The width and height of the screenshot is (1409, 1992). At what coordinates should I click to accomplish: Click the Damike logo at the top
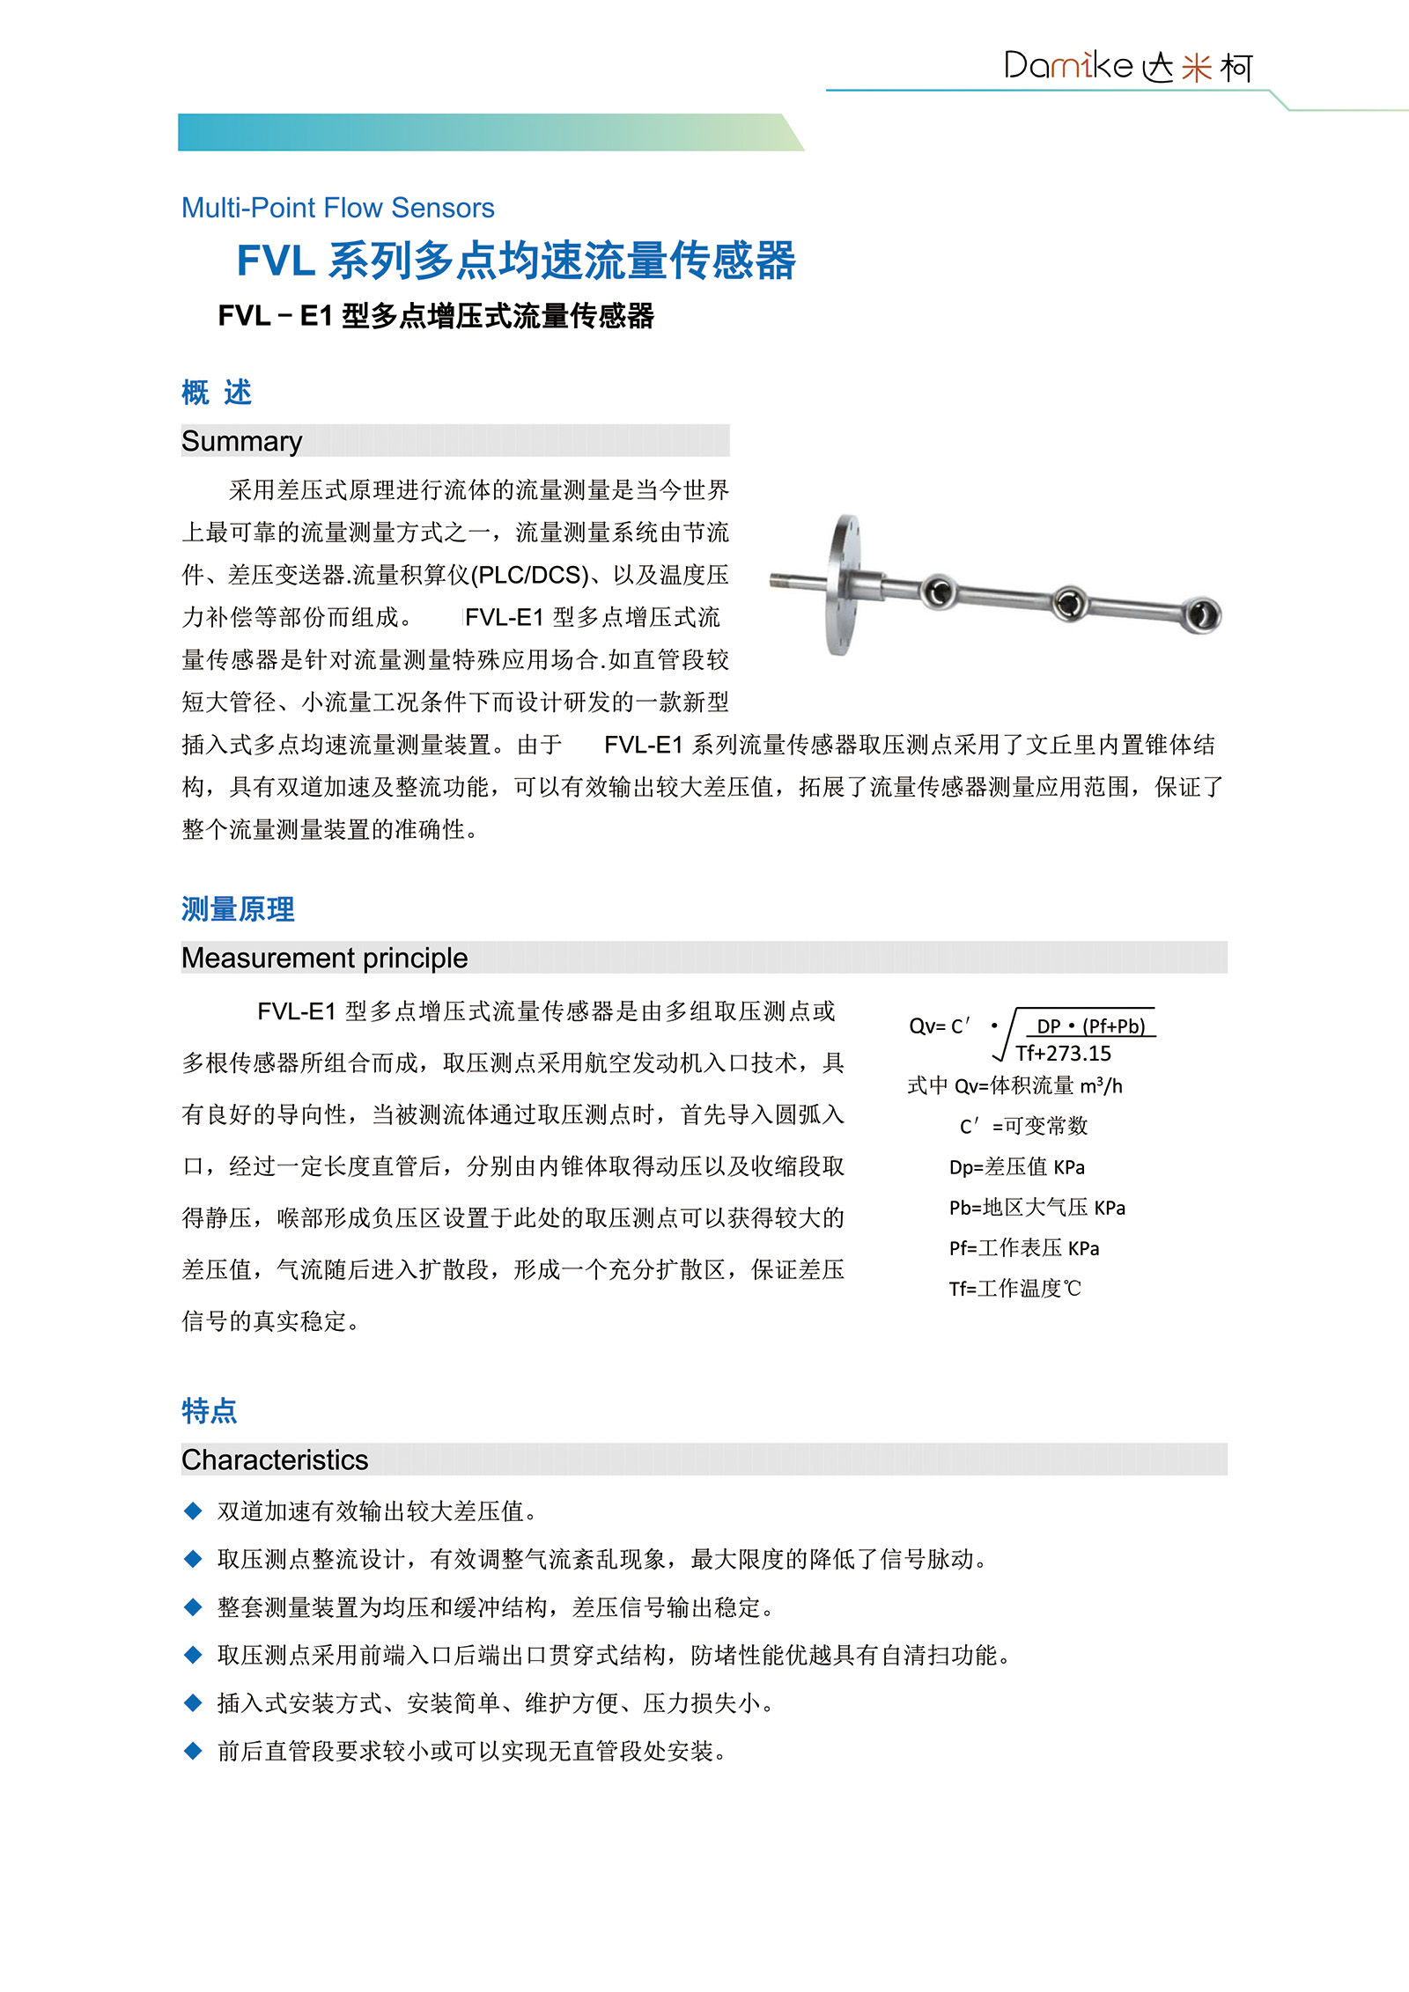tap(1127, 66)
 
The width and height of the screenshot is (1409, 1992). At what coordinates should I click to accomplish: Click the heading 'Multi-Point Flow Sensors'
tap(337, 208)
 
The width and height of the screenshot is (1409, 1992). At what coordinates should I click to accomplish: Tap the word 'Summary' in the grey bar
tap(241, 441)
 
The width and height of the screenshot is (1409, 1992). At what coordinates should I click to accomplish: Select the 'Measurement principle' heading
tap(324, 958)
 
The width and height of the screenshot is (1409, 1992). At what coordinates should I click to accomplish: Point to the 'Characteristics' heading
tap(275, 1459)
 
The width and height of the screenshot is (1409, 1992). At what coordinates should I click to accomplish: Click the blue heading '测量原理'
tap(238, 909)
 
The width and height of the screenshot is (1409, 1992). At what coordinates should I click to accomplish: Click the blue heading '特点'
tap(209, 1411)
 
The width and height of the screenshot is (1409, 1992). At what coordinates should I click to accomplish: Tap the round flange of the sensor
tap(842, 584)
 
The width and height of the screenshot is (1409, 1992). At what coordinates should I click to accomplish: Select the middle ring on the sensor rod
tap(1068, 603)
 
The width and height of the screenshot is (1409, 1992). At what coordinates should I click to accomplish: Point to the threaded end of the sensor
tap(781, 580)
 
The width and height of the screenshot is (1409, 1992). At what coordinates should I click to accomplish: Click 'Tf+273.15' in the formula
tap(1063, 1054)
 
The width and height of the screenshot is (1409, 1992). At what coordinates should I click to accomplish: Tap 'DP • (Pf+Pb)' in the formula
tap(1090, 1026)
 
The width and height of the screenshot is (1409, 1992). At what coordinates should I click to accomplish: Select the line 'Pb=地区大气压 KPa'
tap(1036, 1208)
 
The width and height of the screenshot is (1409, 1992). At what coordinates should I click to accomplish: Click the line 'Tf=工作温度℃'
tap(1014, 1289)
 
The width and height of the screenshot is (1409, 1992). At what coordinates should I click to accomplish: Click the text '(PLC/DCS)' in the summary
tap(529, 575)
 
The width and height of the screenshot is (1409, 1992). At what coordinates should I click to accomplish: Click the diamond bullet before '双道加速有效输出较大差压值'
tap(193, 1511)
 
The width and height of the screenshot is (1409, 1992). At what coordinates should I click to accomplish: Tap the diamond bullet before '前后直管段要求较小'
tap(193, 1752)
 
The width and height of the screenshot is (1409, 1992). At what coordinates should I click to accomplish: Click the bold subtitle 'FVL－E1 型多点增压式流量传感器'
tap(436, 316)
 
